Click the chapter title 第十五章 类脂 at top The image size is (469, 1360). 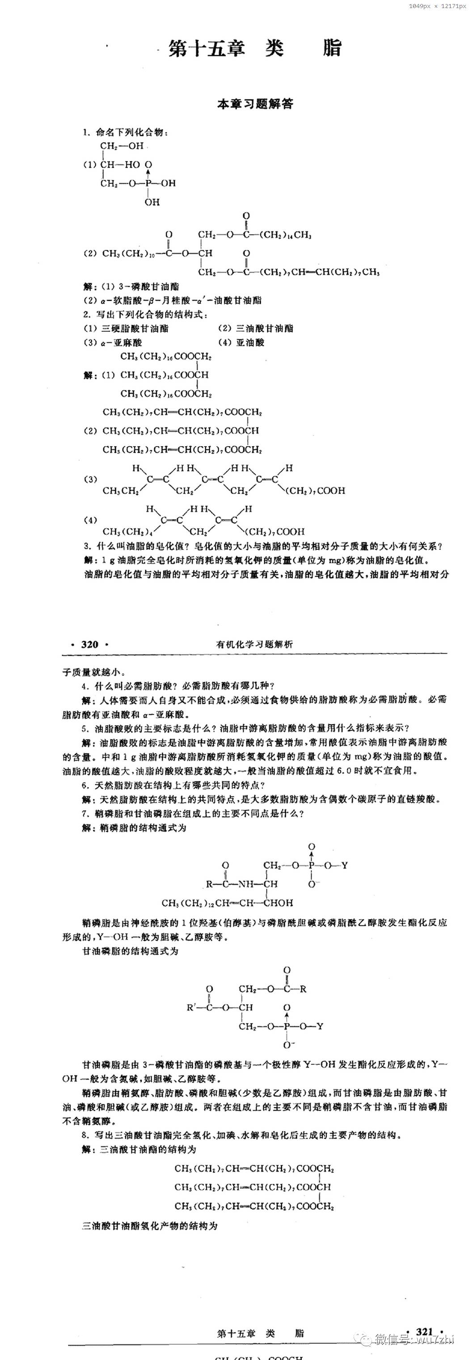(x=255, y=49)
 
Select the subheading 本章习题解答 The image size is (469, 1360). (x=255, y=104)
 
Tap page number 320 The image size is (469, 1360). (x=90, y=644)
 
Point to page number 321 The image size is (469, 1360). (x=424, y=1332)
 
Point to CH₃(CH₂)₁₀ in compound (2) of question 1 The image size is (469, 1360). (x=129, y=253)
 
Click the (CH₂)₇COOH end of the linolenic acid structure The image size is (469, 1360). (x=315, y=491)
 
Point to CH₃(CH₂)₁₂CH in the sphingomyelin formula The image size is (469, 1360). (x=195, y=903)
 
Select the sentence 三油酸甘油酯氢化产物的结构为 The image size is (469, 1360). (x=149, y=1226)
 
